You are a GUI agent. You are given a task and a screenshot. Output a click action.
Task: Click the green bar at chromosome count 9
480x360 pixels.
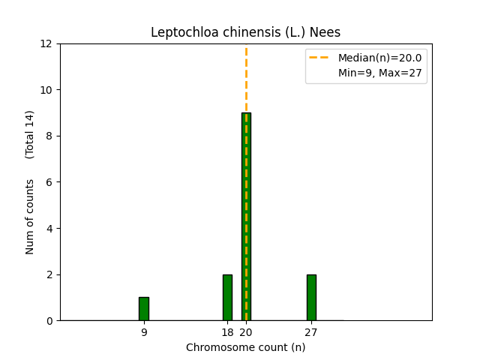(x=144, y=309)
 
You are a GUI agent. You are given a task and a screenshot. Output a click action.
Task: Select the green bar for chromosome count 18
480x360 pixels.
(x=227, y=298)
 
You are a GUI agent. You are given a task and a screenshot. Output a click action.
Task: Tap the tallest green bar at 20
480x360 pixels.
(x=246, y=217)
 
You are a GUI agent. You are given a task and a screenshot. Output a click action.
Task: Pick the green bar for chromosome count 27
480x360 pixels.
(x=311, y=298)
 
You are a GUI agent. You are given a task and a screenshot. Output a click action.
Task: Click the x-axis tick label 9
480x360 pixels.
(x=144, y=332)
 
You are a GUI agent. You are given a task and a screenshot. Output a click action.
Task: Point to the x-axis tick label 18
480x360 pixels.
(x=227, y=332)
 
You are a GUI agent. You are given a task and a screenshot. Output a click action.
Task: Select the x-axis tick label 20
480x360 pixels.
(x=246, y=332)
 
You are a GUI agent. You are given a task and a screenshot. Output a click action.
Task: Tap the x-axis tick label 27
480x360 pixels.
(x=311, y=332)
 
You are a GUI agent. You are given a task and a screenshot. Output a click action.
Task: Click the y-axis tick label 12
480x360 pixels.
(x=46, y=43)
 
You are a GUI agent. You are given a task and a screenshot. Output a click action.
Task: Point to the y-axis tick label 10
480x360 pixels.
(x=46, y=90)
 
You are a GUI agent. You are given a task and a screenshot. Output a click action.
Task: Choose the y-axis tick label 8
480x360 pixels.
(x=49, y=136)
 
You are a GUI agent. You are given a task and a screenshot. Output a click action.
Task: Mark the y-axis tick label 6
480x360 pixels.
(x=49, y=182)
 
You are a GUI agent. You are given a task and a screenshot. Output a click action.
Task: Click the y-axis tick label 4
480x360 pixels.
(x=49, y=228)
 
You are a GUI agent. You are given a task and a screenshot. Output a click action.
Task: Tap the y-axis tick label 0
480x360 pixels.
(x=49, y=321)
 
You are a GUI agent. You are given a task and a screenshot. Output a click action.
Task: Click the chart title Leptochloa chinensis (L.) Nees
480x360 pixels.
(x=245, y=32)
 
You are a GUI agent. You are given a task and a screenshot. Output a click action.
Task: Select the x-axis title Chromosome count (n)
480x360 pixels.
(x=245, y=347)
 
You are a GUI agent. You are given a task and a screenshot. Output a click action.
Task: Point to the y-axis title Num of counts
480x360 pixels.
(x=29, y=217)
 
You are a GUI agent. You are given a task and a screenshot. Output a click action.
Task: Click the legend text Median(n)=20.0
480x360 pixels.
(x=380, y=58)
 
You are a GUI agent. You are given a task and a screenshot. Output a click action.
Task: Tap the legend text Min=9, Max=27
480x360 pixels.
(x=380, y=73)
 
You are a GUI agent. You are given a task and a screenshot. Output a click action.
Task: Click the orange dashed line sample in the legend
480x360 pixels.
(x=319, y=57)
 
